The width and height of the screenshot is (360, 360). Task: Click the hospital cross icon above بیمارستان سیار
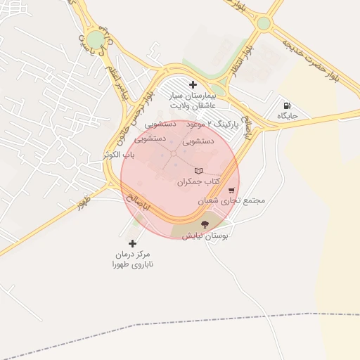pyautogui.click(x=193, y=85)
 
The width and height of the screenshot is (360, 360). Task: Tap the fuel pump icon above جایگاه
pyautogui.click(x=287, y=105)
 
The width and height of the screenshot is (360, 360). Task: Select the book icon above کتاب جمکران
pyautogui.click(x=198, y=171)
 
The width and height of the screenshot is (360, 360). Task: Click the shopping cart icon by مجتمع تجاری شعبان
pyautogui.click(x=231, y=190)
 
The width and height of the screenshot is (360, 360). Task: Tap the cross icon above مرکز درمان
pyautogui.click(x=132, y=243)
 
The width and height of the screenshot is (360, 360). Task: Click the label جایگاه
pyautogui.click(x=287, y=115)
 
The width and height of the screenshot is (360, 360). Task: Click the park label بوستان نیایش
pyautogui.click(x=203, y=236)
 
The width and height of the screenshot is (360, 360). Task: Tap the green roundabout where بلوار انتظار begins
pyautogui.click(x=263, y=23)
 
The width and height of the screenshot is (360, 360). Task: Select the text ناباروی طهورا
pyautogui.click(x=132, y=265)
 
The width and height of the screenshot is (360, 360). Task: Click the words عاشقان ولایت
pyautogui.click(x=193, y=106)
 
